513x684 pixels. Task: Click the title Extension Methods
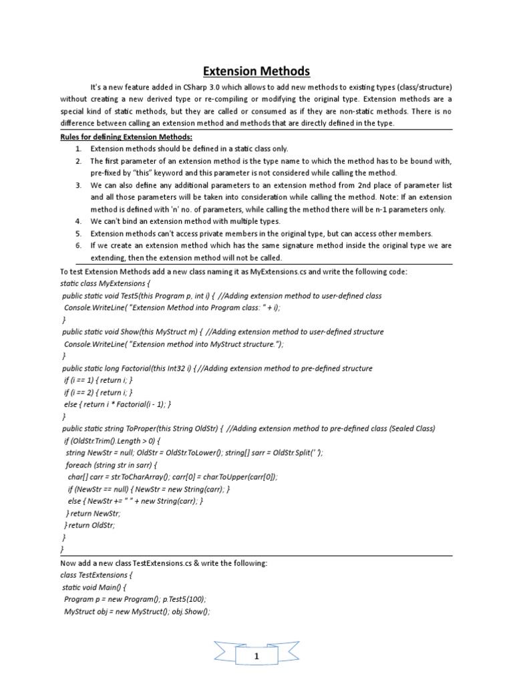(x=256, y=71)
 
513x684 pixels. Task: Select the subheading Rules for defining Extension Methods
(x=126, y=137)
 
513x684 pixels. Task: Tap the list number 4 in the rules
(x=78, y=221)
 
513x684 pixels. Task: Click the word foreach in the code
(x=79, y=465)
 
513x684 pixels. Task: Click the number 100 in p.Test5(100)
(x=195, y=599)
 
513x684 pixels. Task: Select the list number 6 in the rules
(x=78, y=245)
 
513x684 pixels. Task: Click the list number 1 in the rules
(x=78, y=149)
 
